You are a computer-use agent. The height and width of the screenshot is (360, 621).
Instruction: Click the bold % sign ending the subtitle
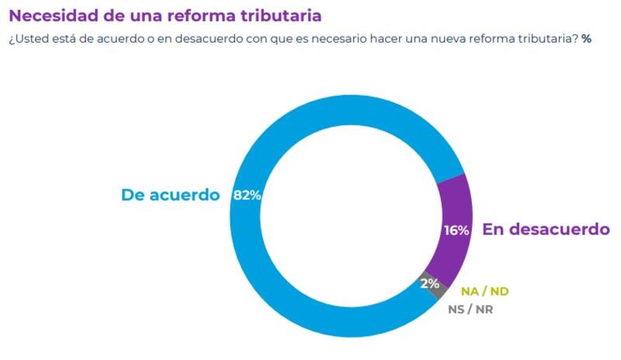tap(586, 39)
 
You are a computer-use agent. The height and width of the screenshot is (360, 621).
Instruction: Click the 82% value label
tap(247, 196)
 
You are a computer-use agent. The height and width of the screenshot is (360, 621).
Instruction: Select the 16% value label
tap(456, 230)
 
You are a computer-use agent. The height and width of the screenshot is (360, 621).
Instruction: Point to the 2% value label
tap(429, 283)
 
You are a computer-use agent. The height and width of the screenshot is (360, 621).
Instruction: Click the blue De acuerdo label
tap(171, 195)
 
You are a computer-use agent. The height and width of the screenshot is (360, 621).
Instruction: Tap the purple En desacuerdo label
tap(546, 230)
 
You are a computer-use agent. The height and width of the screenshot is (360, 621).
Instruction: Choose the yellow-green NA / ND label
tap(484, 292)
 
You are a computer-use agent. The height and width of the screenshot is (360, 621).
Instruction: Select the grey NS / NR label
tap(470, 309)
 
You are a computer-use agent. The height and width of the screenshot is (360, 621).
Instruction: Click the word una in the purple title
tap(147, 16)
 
